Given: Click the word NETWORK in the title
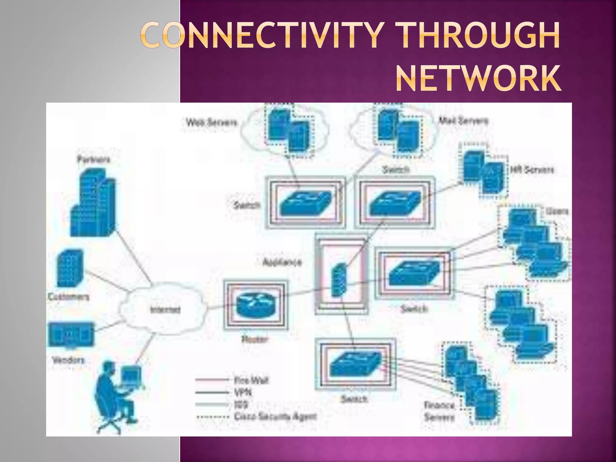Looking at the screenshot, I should point(478,79).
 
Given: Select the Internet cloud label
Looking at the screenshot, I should point(165,310).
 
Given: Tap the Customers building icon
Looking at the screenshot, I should point(70,269).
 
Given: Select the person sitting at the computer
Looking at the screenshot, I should point(116,394).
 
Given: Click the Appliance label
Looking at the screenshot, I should point(282,262).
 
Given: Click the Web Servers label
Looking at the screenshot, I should point(211,122).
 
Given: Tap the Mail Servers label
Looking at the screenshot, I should point(463,121).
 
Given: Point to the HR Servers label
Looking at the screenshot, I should point(531,170).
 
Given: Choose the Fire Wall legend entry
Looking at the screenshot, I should point(251,380).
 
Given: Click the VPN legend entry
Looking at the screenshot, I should point(243,393).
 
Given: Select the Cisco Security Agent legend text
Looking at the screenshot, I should point(275,417).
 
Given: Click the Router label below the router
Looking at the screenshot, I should point(254,340).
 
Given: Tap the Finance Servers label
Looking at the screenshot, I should point(439,411).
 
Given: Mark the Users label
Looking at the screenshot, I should point(557,211).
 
